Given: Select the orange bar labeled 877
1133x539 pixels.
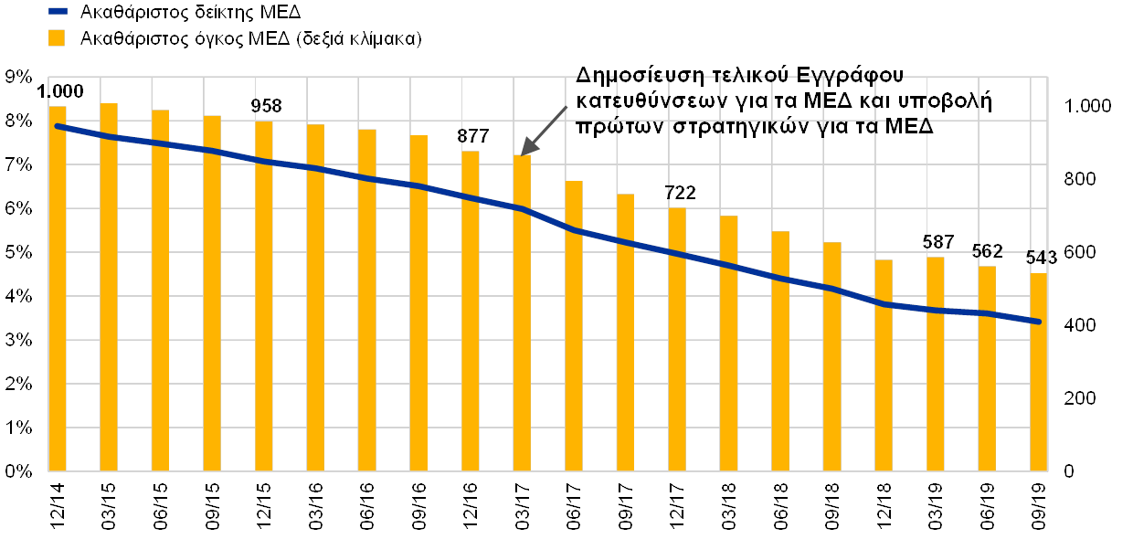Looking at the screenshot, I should point(471,310).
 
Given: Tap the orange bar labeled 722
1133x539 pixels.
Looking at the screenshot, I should point(677,338).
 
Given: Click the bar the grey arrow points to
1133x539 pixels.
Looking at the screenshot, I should point(522,312).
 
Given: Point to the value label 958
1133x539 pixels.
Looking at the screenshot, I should point(266,106).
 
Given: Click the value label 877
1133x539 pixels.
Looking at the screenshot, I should point(472,135).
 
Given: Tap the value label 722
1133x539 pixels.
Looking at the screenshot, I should point(681,193).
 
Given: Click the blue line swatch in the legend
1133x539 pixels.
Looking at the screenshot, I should point(58,12).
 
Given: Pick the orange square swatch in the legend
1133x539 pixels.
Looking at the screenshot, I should point(58,38).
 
